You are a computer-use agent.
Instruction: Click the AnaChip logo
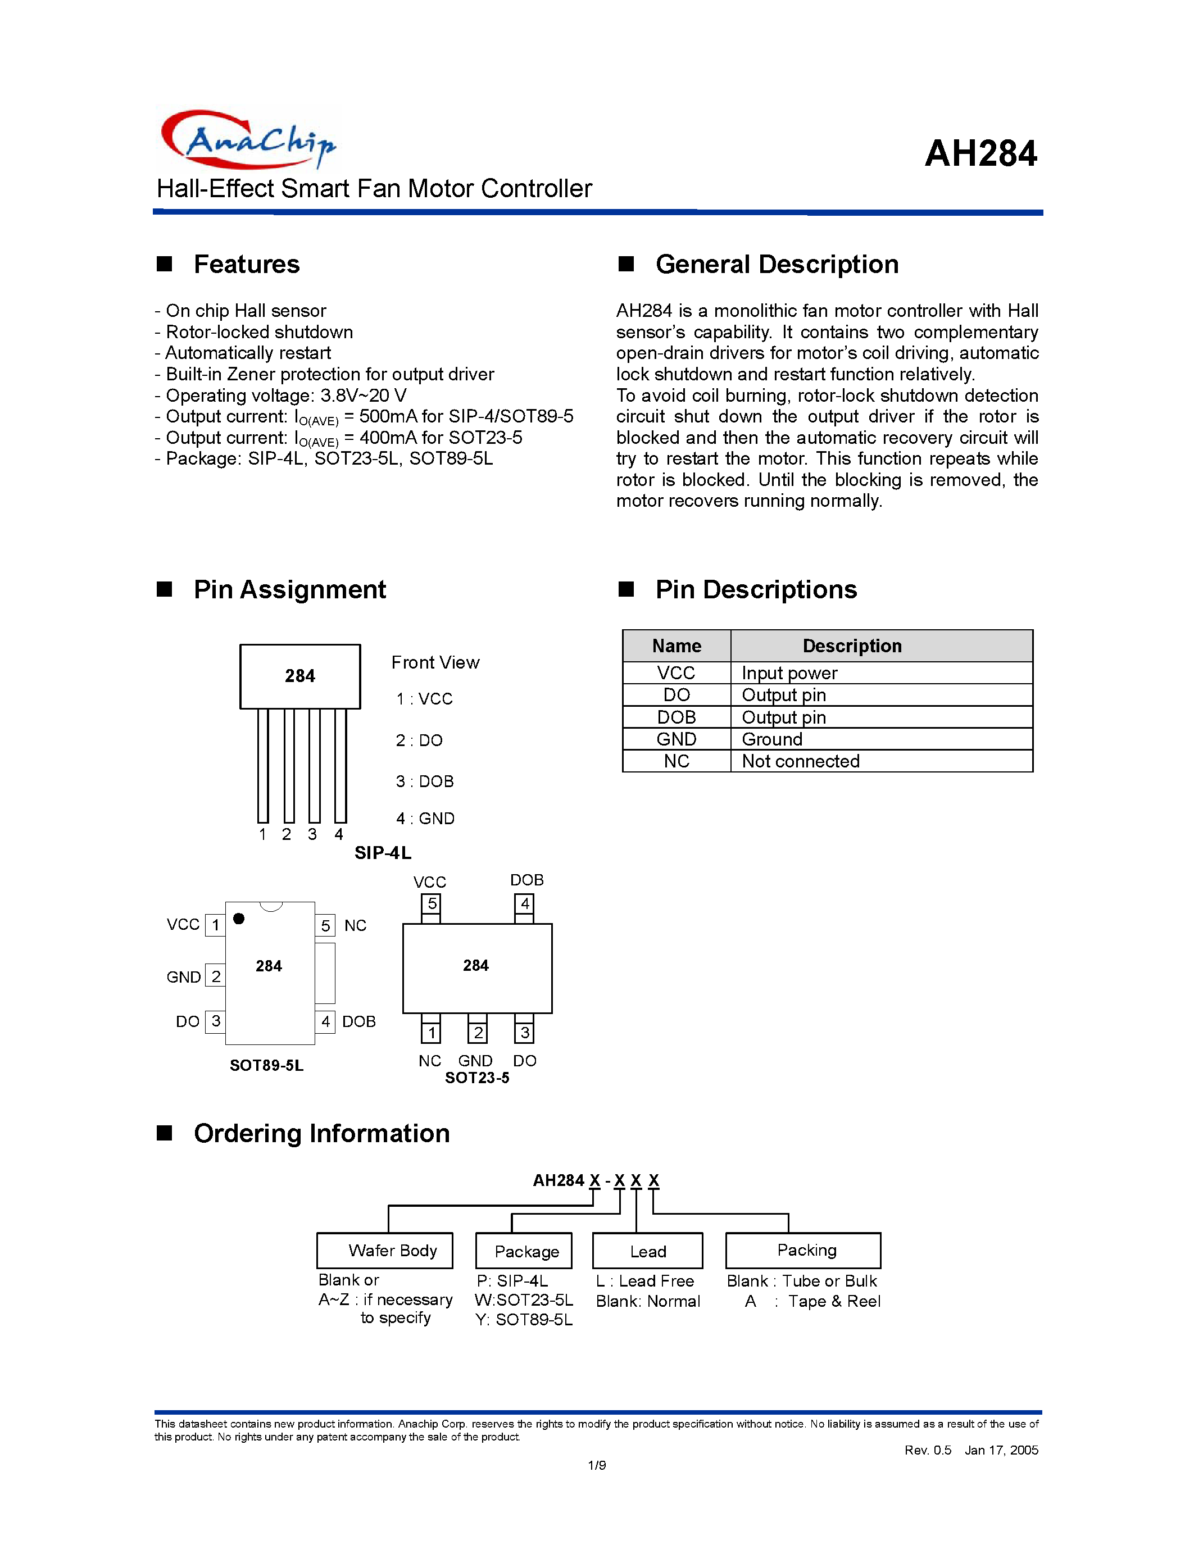tap(248, 139)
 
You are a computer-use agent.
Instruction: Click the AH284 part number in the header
tap(980, 153)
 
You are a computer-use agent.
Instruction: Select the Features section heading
tap(246, 265)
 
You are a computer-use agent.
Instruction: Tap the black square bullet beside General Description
tap(626, 265)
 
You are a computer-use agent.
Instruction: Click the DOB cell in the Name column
tap(676, 717)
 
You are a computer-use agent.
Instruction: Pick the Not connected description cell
tap(801, 761)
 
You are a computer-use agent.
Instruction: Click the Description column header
tap(852, 646)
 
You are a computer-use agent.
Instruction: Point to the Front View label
tap(435, 663)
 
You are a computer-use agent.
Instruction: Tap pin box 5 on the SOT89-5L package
tap(325, 925)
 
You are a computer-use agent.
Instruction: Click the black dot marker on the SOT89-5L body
tap(239, 918)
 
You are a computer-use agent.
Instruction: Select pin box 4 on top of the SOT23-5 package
tap(524, 904)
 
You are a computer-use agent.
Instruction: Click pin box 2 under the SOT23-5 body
tap(478, 1033)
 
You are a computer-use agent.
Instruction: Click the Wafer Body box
tap(385, 1251)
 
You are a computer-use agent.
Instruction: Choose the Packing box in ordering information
tap(803, 1251)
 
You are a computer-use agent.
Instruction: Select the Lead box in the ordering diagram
tap(647, 1251)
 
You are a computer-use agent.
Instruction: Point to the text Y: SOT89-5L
tap(524, 1320)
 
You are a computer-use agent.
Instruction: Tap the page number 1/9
tap(596, 1465)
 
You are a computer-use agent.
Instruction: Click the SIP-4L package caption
tap(383, 853)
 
